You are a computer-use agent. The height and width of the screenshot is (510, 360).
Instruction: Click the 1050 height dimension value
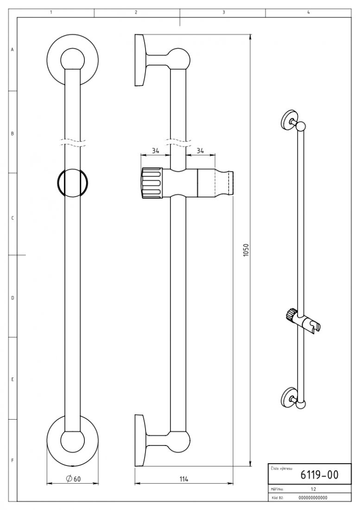click(246, 250)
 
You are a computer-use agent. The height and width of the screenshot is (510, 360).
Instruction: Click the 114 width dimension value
click(184, 479)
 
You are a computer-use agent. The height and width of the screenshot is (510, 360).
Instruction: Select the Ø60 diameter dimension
click(73, 478)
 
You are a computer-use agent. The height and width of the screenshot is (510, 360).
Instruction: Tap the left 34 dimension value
click(156, 151)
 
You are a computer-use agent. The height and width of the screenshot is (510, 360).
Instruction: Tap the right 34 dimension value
click(200, 151)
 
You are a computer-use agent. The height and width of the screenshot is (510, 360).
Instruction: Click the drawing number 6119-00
click(319, 475)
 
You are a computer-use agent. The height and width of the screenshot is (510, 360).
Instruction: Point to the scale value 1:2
click(314, 489)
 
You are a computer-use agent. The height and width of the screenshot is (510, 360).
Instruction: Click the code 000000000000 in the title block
click(313, 497)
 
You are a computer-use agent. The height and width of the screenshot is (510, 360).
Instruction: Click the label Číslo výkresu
click(281, 469)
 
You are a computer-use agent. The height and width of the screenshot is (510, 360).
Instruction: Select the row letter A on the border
click(13, 50)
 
